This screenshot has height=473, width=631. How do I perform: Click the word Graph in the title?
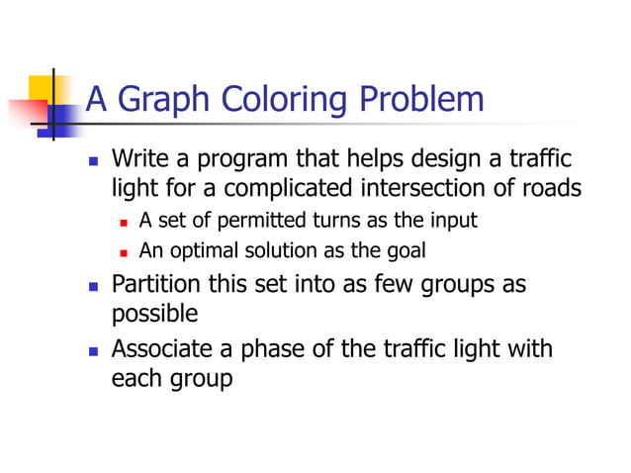158,100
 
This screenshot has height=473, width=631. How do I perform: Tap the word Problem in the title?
422,100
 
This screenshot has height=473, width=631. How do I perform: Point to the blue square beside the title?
61,119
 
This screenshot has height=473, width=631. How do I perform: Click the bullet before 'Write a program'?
94,160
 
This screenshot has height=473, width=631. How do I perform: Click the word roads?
550,187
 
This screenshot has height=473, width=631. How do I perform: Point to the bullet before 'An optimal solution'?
125,251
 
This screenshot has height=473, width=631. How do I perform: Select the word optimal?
203,250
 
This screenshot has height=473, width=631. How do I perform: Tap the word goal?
405,250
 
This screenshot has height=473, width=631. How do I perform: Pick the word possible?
154,314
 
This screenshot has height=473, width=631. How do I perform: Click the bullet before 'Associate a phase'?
94,350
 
